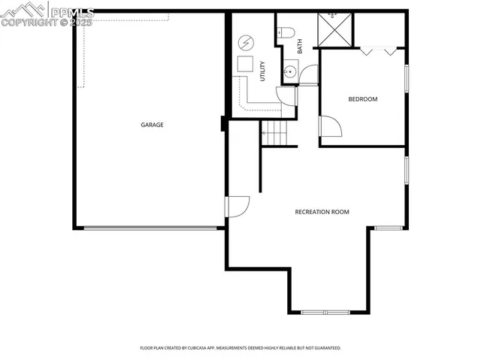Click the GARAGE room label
point(152,125)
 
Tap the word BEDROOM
point(362,99)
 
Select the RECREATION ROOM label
point(322,212)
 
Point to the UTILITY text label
point(262,71)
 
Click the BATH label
point(299,45)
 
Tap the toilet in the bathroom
point(284,32)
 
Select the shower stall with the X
point(335,29)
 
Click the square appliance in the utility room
point(245,64)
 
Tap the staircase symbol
point(275,134)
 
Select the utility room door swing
point(286,95)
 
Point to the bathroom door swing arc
point(308,75)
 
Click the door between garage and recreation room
point(237,206)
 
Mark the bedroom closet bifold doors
point(378,51)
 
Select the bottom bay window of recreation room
point(325,312)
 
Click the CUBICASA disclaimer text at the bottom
point(240,348)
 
